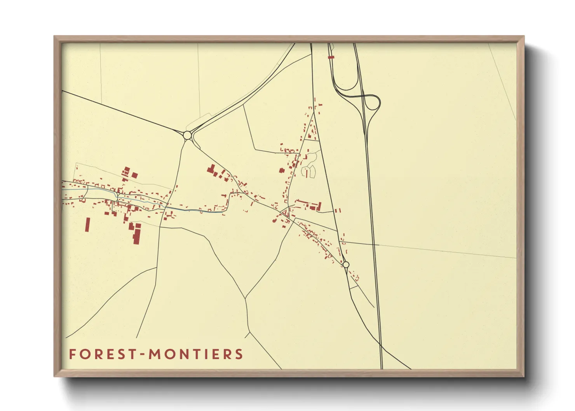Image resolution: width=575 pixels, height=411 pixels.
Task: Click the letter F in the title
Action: (72, 354)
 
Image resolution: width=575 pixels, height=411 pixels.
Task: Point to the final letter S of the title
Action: (239, 354)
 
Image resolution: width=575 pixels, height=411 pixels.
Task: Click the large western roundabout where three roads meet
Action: (187, 135)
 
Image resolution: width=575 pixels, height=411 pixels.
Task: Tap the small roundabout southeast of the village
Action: (346, 265)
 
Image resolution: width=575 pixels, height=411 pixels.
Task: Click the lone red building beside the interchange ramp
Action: (331, 57)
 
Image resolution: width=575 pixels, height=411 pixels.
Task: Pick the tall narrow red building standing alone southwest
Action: (87, 225)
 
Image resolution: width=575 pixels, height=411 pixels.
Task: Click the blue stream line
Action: (194, 210)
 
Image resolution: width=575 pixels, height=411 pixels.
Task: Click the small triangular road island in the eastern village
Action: (286, 213)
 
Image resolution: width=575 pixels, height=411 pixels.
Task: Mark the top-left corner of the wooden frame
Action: (54, 36)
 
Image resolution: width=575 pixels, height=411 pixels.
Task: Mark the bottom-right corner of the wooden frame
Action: (524, 376)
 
